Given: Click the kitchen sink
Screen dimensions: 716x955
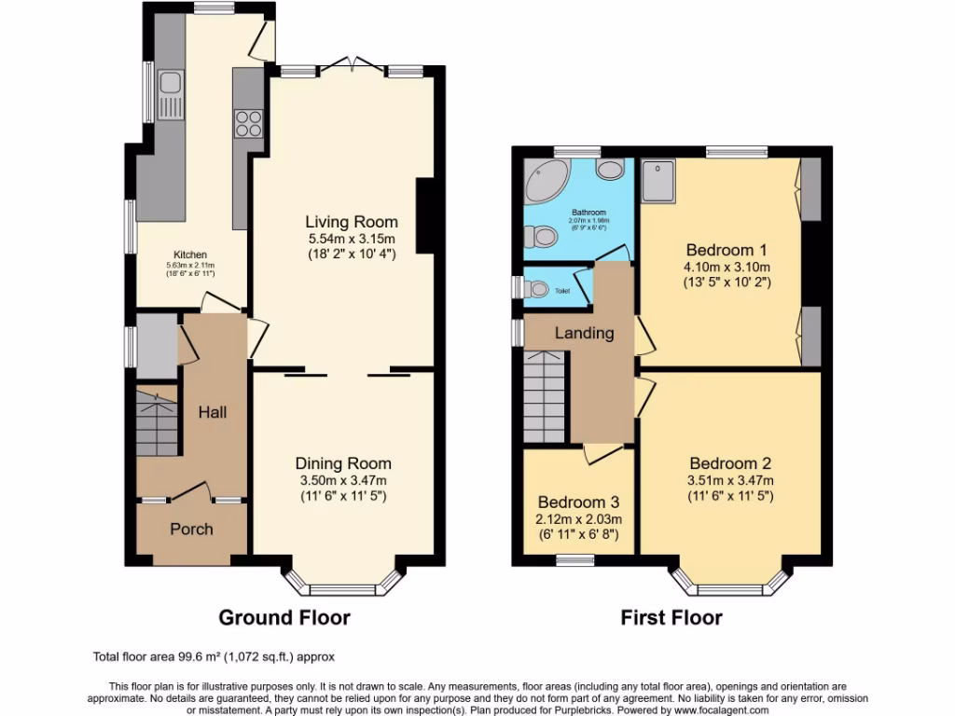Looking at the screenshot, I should pyautogui.click(x=170, y=87).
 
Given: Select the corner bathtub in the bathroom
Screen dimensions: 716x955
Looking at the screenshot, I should pyautogui.click(x=543, y=181).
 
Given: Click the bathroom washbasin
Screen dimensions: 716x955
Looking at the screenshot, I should pyautogui.click(x=611, y=169).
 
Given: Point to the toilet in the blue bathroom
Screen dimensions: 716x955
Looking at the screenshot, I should pyautogui.click(x=541, y=238).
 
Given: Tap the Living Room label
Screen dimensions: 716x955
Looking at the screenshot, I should pyautogui.click(x=352, y=222).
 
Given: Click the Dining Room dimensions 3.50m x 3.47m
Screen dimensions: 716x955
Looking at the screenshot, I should pyautogui.click(x=343, y=480).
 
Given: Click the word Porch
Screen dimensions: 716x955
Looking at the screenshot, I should pyautogui.click(x=191, y=529).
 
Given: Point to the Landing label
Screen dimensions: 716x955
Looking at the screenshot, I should pyautogui.click(x=585, y=333).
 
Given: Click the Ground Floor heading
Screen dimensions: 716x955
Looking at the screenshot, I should pyautogui.click(x=284, y=617).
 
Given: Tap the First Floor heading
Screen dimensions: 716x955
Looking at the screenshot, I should pyautogui.click(x=671, y=617).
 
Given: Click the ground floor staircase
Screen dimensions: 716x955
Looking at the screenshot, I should pyautogui.click(x=157, y=424).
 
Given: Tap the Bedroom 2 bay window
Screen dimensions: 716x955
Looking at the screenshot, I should pyautogui.click(x=730, y=586).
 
